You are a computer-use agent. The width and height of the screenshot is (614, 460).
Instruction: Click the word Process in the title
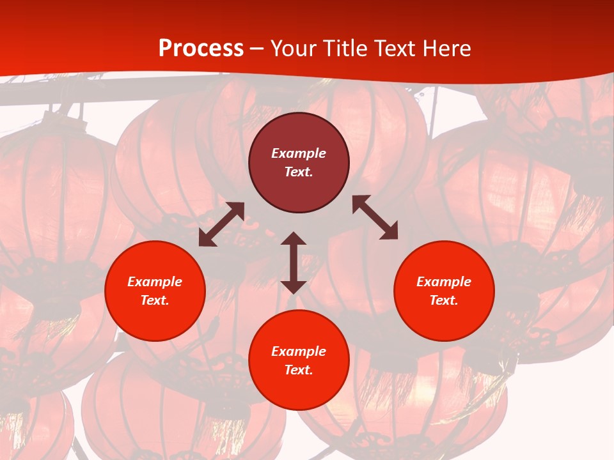[x=201, y=49]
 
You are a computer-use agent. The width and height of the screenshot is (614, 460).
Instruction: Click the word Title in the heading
[x=345, y=49]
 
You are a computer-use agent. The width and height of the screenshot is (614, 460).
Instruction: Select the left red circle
[x=155, y=319]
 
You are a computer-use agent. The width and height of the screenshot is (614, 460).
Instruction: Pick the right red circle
[x=444, y=319]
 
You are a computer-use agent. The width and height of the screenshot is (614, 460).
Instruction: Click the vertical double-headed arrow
[x=294, y=263]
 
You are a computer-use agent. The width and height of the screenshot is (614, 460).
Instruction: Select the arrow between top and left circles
[x=221, y=224]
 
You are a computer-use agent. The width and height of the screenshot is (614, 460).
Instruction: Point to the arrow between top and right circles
[x=375, y=217]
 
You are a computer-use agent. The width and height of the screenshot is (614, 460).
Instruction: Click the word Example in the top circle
[x=299, y=153]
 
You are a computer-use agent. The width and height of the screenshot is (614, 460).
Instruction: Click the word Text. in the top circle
[x=299, y=172]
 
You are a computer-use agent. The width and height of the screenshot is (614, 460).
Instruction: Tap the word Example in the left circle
[x=155, y=282]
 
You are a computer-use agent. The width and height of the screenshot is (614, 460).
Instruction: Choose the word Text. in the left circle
[x=155, y=300]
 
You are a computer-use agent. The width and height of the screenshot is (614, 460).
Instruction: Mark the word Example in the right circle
[x=444, y=282]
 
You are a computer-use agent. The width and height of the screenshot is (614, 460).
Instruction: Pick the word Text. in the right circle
[x=444, y=300]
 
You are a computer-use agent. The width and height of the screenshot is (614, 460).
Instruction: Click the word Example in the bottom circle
[x=299, y=351]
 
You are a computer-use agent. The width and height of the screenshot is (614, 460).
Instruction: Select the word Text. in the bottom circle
[x=299, y=370]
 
